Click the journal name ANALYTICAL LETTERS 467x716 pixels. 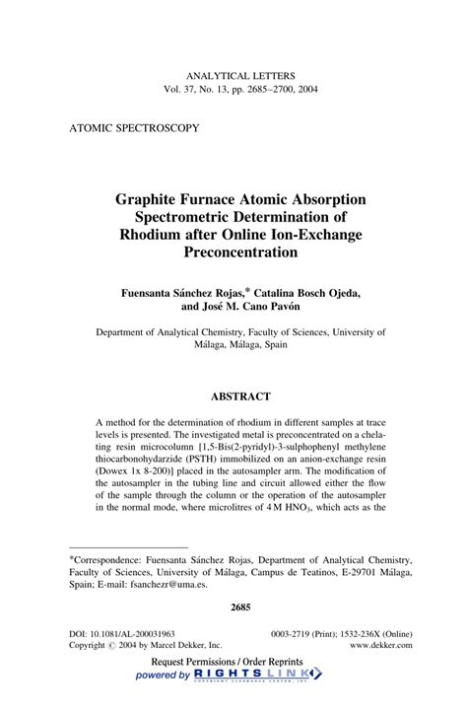coord(233,75)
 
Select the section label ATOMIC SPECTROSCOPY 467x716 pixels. coord(134,128)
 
